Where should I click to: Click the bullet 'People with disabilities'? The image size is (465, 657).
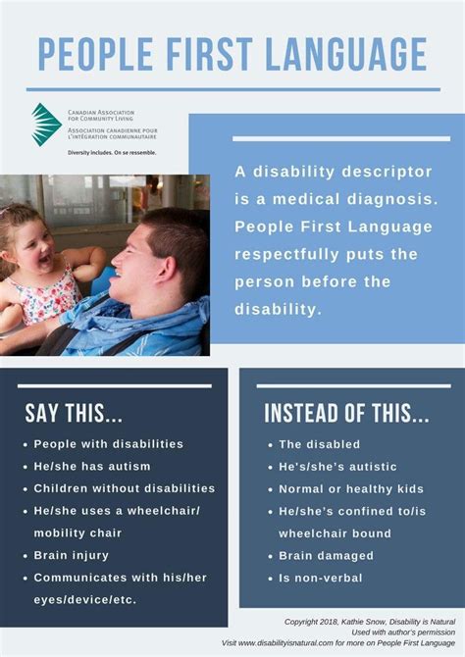coord(108,444)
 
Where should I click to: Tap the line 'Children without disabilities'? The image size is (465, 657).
coord(124,488)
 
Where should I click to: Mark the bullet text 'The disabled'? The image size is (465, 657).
coord(319,444)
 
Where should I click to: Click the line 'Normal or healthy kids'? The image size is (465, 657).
coord(350,488)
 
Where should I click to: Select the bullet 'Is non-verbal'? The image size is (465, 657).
coord(320,578)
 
